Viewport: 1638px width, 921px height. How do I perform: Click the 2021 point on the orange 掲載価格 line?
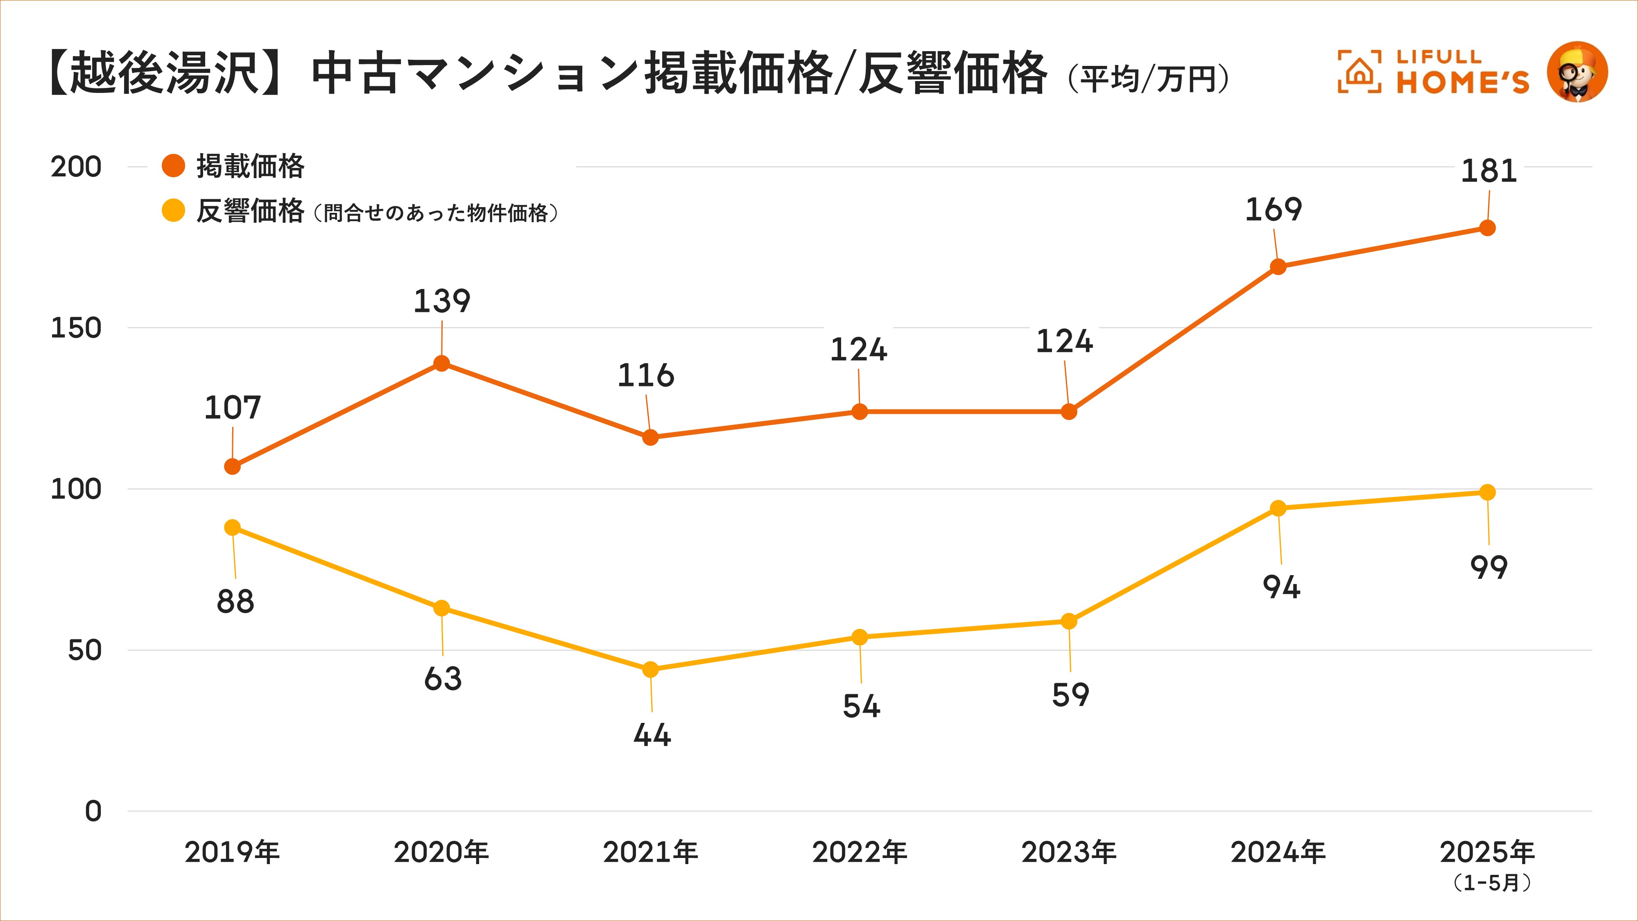650,437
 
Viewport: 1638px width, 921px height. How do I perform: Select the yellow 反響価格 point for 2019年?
233,528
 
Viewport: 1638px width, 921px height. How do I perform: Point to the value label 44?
652,735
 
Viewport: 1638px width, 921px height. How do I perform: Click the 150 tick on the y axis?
76,328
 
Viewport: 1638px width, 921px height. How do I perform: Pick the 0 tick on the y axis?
93,811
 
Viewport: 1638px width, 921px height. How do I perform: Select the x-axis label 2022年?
859,852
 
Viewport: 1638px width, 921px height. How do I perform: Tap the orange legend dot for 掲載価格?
173,166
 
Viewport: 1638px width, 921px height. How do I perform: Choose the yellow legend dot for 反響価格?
173,210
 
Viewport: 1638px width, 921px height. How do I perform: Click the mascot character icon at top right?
1577,72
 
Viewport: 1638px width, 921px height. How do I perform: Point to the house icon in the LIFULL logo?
1359,72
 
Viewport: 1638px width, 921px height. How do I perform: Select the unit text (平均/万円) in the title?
1148,79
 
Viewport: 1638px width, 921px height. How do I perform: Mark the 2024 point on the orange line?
1278,267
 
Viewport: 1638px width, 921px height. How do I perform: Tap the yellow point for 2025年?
1487,492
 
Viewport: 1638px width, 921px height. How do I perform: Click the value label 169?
1273,210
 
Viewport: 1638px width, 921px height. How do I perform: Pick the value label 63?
443,679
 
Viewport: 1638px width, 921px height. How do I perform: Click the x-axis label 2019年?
232,852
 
